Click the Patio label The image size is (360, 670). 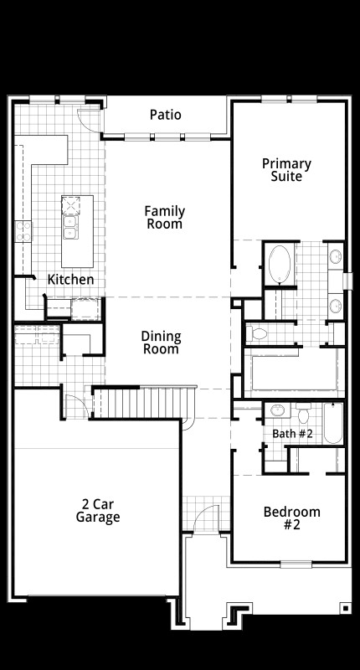(165, 115)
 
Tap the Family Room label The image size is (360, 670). (164, 218)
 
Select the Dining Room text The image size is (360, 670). (161, 343)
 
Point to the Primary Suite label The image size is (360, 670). (286, 170)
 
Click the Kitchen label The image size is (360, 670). (70, 279)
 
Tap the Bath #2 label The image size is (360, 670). (292, 434)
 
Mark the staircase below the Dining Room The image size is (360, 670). (142, 403)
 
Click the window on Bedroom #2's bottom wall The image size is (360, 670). (296, 563)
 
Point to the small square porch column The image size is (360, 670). (344, 607)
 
